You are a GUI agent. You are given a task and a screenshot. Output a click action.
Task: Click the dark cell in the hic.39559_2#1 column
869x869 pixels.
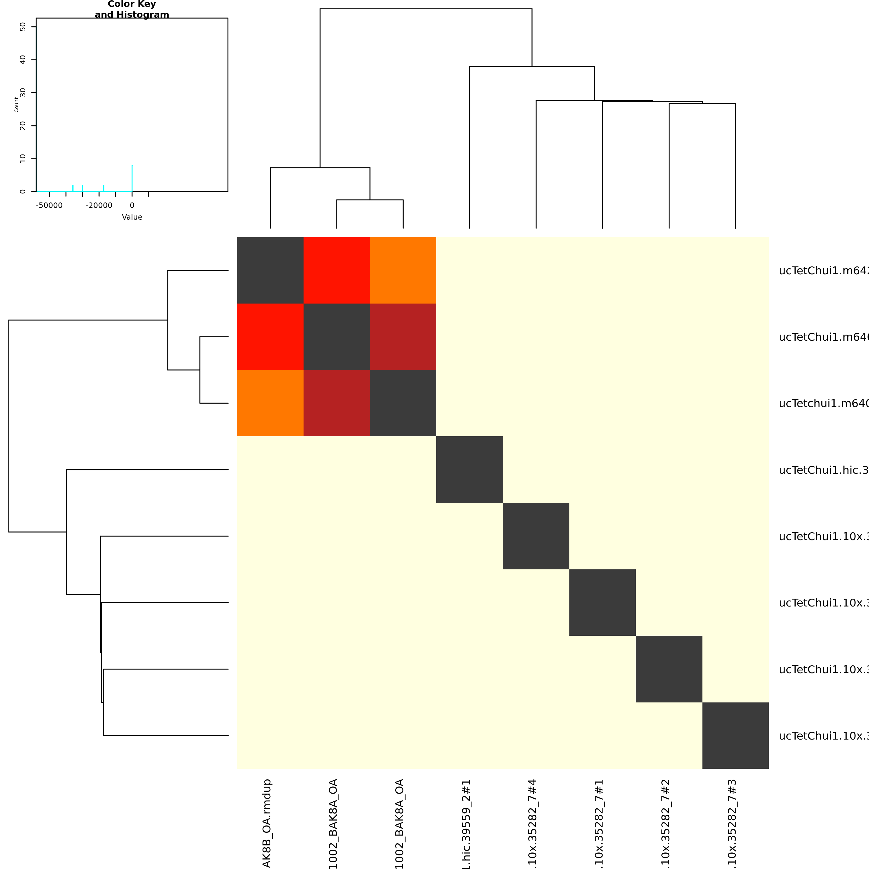click(470, 470)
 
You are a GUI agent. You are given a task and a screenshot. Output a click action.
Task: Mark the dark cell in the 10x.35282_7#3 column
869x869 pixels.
click(735, 735)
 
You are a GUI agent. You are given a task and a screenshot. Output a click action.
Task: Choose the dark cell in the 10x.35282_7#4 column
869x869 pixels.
click(536, 536)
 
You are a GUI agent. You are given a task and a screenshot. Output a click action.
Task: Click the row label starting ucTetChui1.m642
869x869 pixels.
click(823, 271)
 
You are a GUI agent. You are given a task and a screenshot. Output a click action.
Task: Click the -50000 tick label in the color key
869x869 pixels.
click(49, 205)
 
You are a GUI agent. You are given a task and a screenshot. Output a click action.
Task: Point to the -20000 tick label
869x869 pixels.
click(99, 205)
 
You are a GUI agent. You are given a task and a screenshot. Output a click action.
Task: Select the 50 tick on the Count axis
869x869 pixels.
click(23, 27)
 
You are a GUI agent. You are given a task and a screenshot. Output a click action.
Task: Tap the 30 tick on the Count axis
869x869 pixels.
click(23, 93)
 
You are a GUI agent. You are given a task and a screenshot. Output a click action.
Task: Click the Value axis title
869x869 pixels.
click(132, 217)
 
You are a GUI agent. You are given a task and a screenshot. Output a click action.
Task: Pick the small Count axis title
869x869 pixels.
click(17, 105)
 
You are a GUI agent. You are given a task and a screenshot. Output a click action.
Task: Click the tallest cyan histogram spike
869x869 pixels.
click(132, 178)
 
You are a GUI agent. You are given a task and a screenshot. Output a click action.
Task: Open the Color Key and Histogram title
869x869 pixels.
click(132, 9)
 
